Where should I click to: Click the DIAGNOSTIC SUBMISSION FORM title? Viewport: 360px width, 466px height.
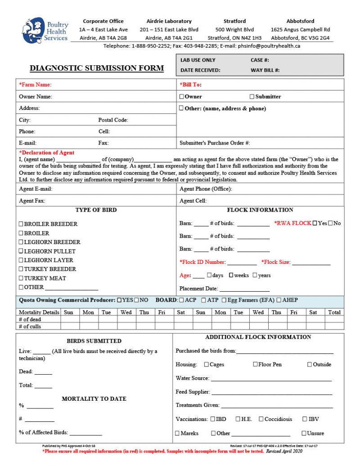click(97, 68)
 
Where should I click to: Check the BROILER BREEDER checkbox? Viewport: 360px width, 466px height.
click(21, 224)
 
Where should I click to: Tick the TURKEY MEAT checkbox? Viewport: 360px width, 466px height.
click(21, 278)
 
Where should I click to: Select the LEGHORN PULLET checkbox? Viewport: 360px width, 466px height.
click(21, 251)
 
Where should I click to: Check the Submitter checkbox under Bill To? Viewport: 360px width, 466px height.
click(252, 96)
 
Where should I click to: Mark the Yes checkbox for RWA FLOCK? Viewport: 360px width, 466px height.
click(315, 223)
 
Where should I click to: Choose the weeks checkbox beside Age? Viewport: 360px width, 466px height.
click(231, 275)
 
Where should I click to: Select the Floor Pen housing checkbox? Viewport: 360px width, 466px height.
click(256, 364)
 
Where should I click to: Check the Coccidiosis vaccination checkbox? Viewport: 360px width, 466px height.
click(261, 419)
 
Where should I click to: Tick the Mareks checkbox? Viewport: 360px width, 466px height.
click(177, 433)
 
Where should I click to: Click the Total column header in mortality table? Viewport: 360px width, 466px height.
click(334, 312)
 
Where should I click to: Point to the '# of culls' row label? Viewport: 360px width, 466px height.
click(30, 326)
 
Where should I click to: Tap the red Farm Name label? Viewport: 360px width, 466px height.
click(35, 85)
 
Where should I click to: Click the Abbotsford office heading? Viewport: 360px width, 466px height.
click(300, 21)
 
